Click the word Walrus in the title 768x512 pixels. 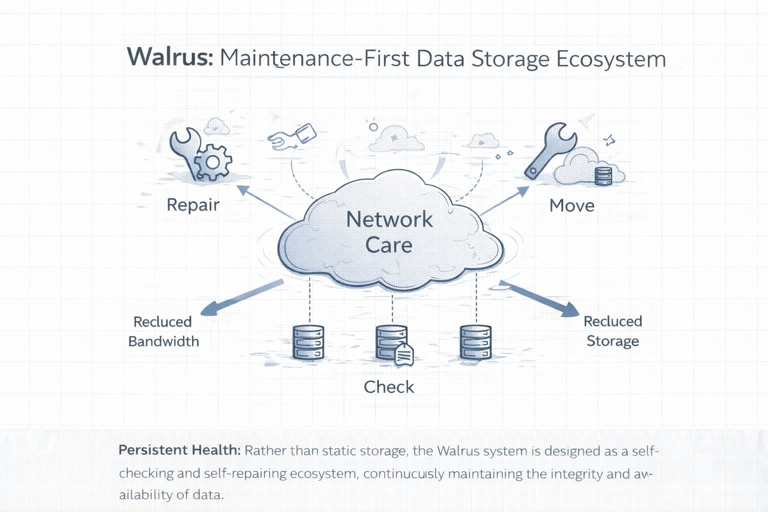click(170, 57)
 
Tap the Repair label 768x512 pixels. click(193, 204)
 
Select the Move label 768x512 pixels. click(571, 205)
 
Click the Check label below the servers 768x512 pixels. click(388, 387)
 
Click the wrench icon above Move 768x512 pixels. click(549, 149)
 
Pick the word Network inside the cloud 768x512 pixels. click(389, 219)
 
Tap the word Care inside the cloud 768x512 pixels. click(388, 245)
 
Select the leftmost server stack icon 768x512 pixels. click(308, 342)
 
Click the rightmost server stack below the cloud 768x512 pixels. click(475, 342)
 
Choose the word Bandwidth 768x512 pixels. click(163, 341)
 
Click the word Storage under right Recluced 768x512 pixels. click(612, 341)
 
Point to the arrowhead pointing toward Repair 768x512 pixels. click(242, 189)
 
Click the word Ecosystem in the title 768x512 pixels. click(610, 59)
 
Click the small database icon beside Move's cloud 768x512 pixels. click(603, 176)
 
